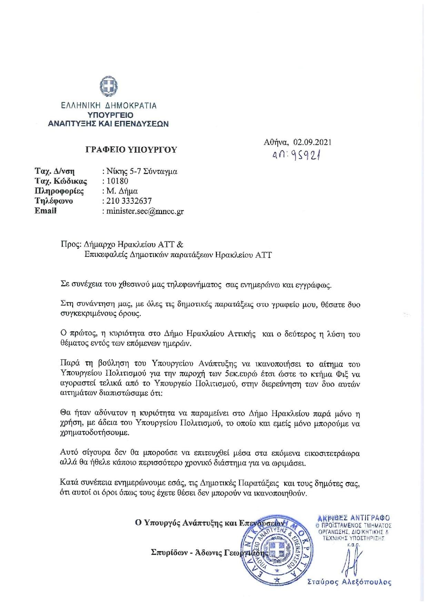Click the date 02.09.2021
[312, 142]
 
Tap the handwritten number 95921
[307, 156]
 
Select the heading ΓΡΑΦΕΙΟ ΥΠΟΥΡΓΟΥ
[131, 150]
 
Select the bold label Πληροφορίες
[59, 191]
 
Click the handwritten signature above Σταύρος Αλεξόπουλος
[352, 561]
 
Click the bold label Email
[46, 211]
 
